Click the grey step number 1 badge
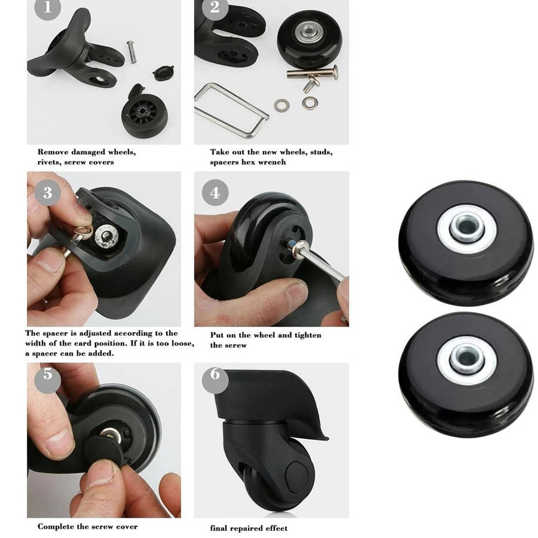pos(47,8)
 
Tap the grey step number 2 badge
pos(215,8)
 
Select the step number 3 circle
pos(48,192)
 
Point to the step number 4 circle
pos(215,192)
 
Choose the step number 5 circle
pos(48,377)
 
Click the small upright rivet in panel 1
pos(132,52)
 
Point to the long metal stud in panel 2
pos(312,73)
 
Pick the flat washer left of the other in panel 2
pos(282,105)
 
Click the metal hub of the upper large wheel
pos(467,228)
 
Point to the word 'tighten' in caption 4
pos(307,335)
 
